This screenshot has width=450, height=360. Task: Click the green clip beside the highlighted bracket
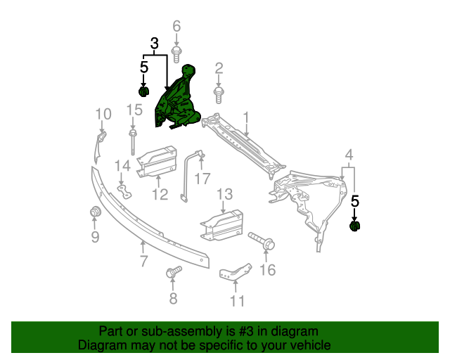coord(144,91)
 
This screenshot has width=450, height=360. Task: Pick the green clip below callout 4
coord(355,226)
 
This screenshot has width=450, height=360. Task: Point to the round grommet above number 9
coord(95,212)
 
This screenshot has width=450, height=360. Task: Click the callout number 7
coord(143,262)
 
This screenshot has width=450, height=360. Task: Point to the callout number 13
coord(224,193)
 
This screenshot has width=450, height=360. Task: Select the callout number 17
coord(202,179)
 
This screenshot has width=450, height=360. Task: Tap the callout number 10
coord(103,114)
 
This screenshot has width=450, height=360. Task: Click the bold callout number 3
coord(154,44)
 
